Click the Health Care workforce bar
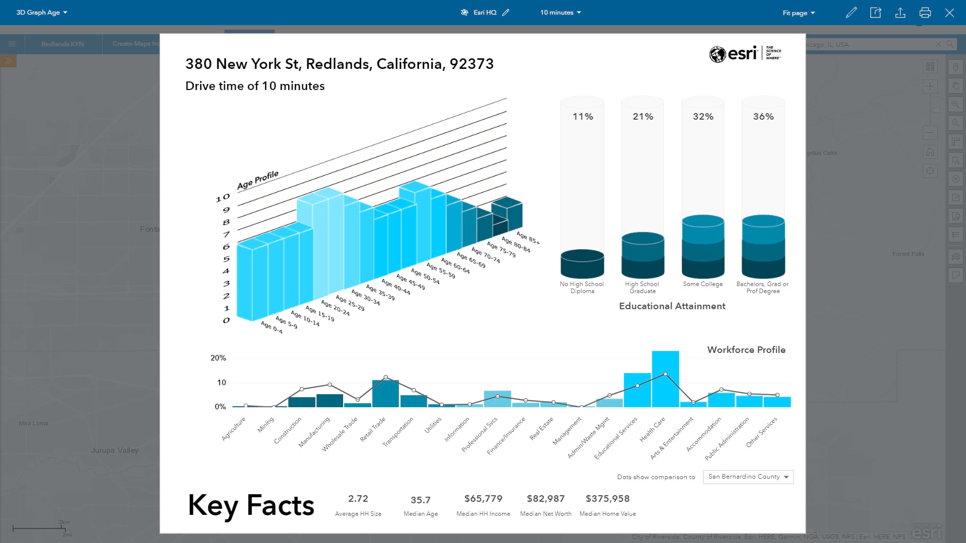[665, 380]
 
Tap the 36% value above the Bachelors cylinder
[763, 117]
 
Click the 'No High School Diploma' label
[582, 288]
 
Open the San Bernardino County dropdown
[748, 477]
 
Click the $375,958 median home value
[607, 499]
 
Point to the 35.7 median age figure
[420, 500]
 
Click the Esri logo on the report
[745, 53]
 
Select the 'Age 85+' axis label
[528, 238]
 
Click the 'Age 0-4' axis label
[272, 328]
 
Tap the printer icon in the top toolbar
[925, 13]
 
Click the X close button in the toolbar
[949, 13]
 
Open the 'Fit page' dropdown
[798, 13]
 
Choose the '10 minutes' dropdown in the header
[560, 13]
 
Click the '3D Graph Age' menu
[42, 13]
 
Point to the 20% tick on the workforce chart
[218, 358]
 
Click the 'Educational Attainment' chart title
[672, 306]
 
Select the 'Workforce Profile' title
[746, 350]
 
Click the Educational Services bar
[637, 390]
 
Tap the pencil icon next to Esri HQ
[506, 13]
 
